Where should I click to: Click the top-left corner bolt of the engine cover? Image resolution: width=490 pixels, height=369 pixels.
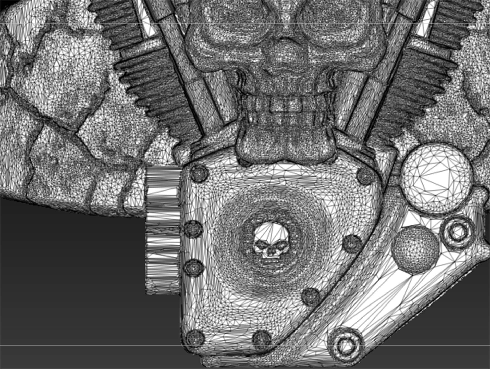(199, 173)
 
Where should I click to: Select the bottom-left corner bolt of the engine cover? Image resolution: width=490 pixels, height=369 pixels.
(195, 338)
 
